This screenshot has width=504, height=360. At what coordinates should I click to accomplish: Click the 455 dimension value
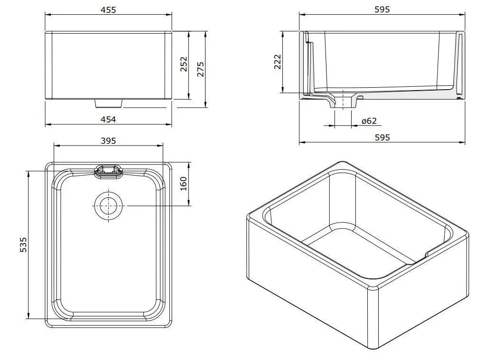(108, 9)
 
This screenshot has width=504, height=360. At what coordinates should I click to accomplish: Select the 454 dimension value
(108, 120)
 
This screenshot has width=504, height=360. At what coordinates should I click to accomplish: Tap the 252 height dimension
(184, 65)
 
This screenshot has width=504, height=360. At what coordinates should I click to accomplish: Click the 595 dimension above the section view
(382, 9)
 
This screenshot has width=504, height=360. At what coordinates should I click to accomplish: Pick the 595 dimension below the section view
(382, 137)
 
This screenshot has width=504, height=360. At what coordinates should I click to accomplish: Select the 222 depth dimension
(278, 62)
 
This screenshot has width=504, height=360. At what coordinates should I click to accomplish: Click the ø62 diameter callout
(369, 121)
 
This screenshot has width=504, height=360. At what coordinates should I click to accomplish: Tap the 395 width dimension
(108, 140)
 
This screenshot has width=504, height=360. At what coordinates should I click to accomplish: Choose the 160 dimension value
(185, 183)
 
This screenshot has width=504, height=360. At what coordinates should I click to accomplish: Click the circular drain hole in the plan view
(109, 205)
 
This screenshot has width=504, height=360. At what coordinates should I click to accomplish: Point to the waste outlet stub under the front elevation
(109, 103)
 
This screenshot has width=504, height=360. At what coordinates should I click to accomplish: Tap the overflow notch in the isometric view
(427, 255)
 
